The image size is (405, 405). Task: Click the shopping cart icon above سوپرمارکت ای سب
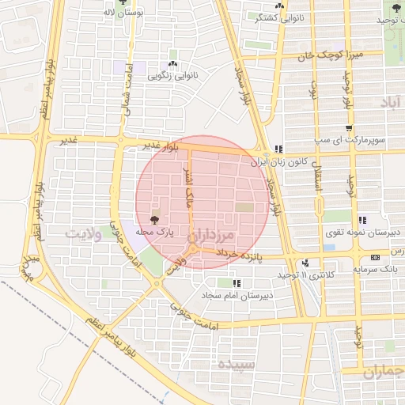tap(349, 128)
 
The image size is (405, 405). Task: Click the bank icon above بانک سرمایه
tap(374, 257)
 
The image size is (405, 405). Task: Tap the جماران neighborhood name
tap(383, 371)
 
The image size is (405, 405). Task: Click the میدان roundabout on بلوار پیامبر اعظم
tap(29, 268)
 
